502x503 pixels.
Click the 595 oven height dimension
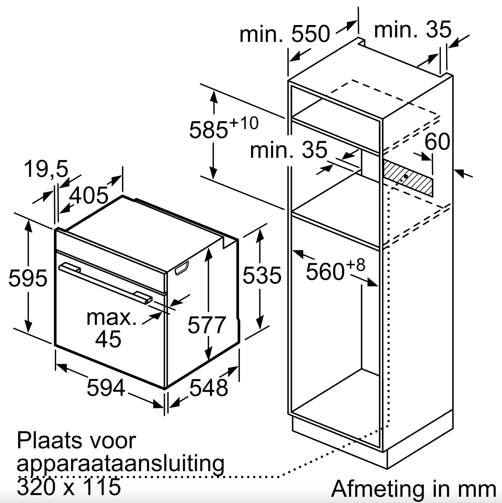coord(28,278)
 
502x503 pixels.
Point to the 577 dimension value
coord(207,325)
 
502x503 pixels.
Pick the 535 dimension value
coord(262,275)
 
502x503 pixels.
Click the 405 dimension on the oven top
coord(88,195)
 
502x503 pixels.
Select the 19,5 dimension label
coord(46,169)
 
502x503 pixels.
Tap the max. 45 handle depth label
coord(111,328)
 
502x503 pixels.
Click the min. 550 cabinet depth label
coord(285,34)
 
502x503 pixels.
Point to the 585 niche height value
coord(209,130)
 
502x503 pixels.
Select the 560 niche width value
coord(325,272)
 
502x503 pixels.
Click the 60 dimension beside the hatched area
coord(437,142)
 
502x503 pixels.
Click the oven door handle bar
coord(105,283)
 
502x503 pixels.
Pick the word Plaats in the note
coord(49,440)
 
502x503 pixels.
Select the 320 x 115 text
coord(69,487)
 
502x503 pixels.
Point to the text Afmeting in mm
coord(414,489)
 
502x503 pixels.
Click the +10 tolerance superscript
coord(244,123)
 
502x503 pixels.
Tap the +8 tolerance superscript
coord(355,265)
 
